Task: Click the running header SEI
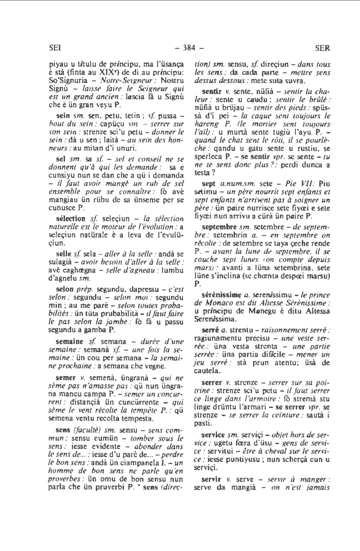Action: click(54, 48)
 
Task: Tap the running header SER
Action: click(322, 48)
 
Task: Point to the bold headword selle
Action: click(64, 253)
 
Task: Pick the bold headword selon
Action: click(65, 290)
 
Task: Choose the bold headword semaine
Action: click(70, 341)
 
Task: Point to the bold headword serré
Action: click(210, 330)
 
